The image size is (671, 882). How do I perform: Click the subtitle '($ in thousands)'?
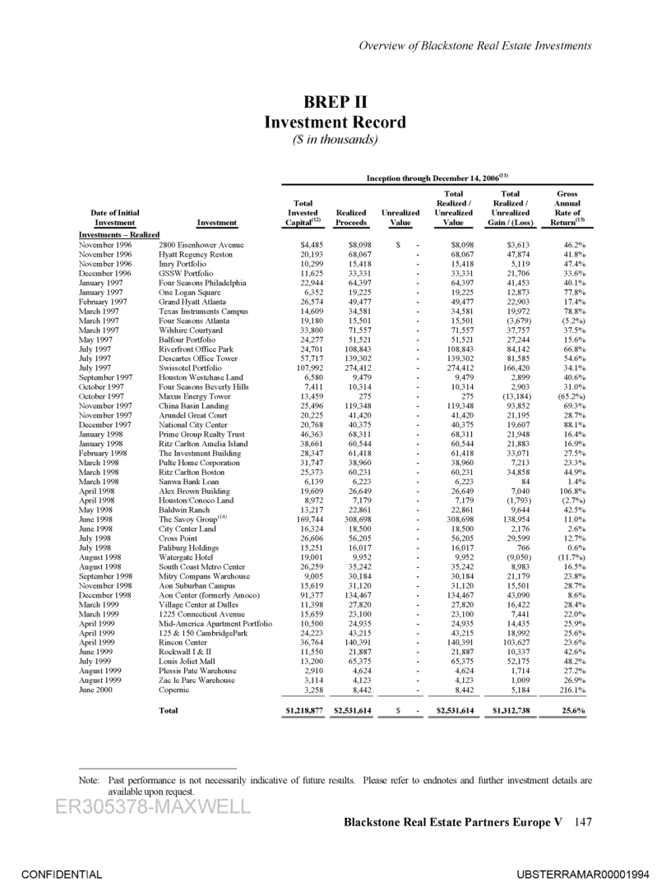[335, 140]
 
